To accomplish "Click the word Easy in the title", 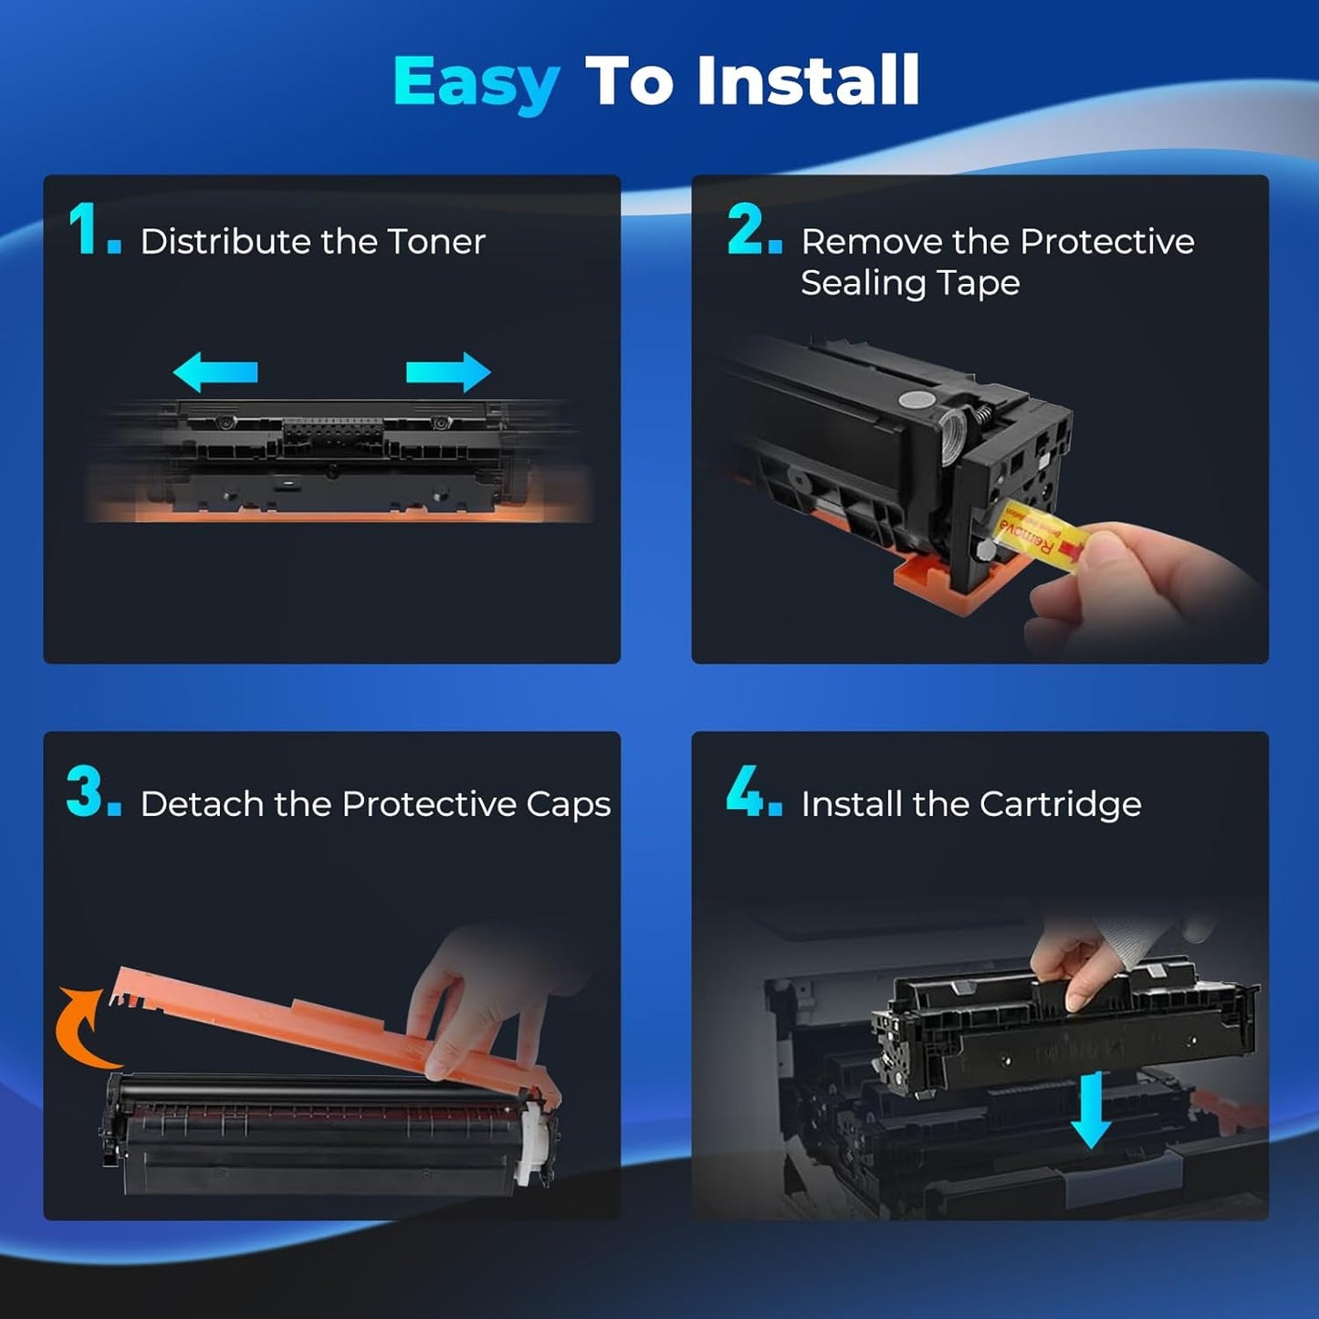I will (476, 83).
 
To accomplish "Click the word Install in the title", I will (807, 81).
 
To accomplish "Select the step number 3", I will (87, 791).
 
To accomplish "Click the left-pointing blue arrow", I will (215, 372).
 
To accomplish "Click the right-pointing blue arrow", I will (448, 372).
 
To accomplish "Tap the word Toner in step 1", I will (436, 242).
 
